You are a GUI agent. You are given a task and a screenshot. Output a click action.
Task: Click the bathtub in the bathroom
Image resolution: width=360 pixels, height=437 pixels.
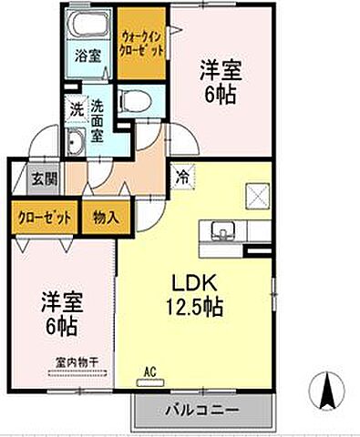[x=88, y=26]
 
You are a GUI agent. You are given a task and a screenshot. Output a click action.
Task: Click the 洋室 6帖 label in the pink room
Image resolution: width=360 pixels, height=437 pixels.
[x=221, y=83]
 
